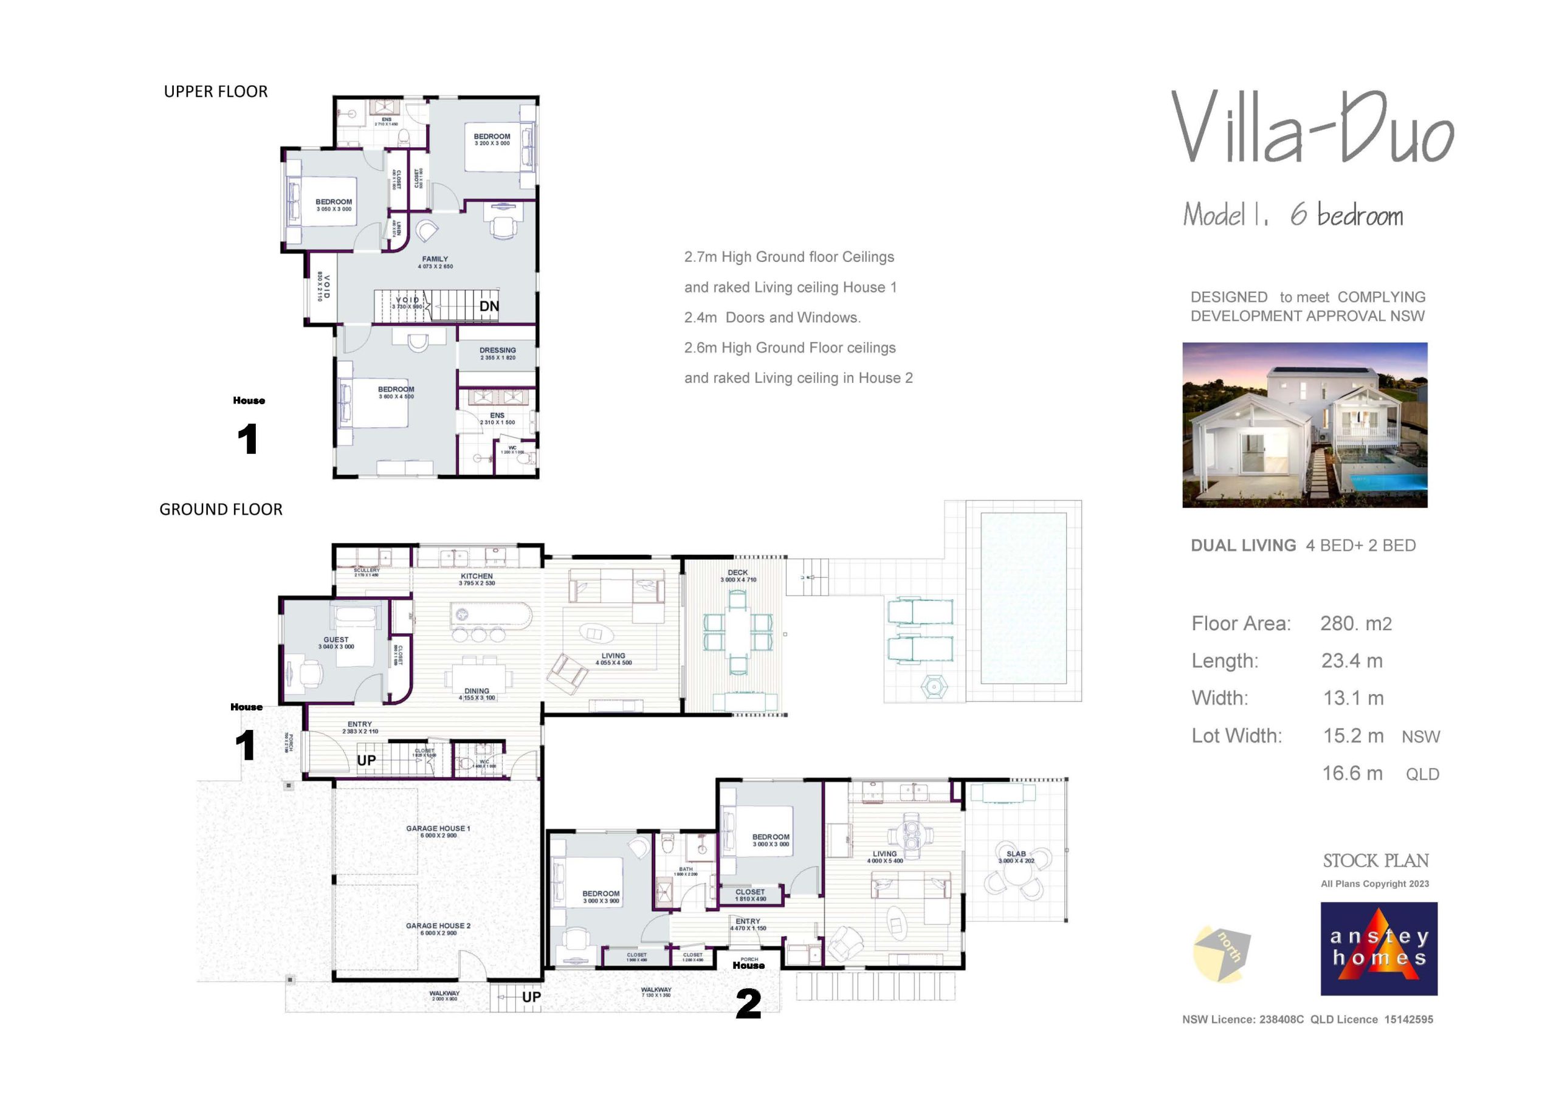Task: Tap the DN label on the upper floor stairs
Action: click(489, 306)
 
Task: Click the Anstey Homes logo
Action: click(1379, 948)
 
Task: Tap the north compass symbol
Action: click(1221, 953)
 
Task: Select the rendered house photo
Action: click(1304, 425)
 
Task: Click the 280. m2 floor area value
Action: click(1355, 624)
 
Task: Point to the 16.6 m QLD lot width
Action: click(1380, 773)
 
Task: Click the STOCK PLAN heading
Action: click(1375, 861)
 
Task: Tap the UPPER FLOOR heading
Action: click(216, 92)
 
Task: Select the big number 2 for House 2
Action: click(748, 1004)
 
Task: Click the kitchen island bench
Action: click(491, 614)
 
